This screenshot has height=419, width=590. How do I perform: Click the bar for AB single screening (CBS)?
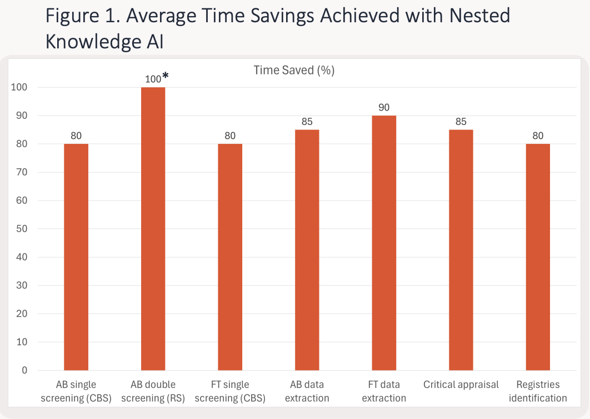point(76,257)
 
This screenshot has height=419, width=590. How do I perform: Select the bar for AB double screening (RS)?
point(153,228)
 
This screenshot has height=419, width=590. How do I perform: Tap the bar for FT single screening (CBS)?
point(230,257)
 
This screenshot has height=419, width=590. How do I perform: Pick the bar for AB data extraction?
point(307,250)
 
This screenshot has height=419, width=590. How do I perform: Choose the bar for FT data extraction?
point(384,243)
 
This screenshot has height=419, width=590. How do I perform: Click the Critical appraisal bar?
point(461,250)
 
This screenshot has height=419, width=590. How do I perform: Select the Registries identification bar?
point(538,257)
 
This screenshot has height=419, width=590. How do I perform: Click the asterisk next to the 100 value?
point(166,76)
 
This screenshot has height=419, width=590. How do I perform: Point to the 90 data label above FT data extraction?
point(384,107)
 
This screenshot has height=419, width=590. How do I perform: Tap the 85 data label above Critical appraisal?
point(461,122)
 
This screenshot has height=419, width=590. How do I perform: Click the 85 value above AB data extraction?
point(307,122)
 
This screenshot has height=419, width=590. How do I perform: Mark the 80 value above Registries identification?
point(538,136)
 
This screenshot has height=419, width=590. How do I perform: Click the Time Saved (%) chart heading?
point(294,70)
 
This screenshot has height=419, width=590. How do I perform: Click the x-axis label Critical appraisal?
point(461,385)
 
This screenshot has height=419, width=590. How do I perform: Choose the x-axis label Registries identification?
point(538,391)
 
